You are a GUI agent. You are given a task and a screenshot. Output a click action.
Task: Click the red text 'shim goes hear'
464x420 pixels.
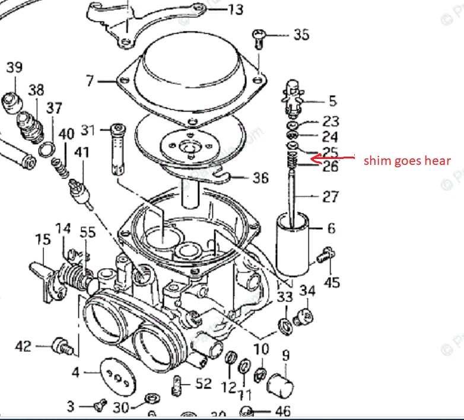(x=406, y=160)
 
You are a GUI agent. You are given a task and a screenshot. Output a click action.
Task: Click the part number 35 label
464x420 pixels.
(x=301, y=34)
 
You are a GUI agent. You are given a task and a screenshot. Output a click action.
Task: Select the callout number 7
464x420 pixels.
(x=90, y=80)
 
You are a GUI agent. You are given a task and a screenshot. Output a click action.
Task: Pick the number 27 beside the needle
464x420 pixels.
(x=330, y=196)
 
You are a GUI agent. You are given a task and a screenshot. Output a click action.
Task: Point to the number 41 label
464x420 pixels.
(x=81, y=152)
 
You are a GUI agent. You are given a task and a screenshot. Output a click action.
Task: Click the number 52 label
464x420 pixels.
(x=203, y=384)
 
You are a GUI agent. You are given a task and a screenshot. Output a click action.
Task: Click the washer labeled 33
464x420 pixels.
(x=284, y=324)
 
